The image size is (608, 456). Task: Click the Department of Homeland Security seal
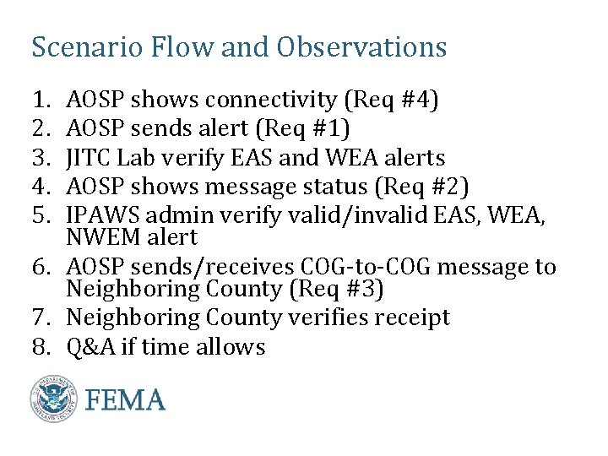coord(54,399)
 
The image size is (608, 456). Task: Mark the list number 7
coord(40,318)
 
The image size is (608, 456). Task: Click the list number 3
coord(40,158)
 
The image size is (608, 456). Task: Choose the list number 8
coord(40,347)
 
